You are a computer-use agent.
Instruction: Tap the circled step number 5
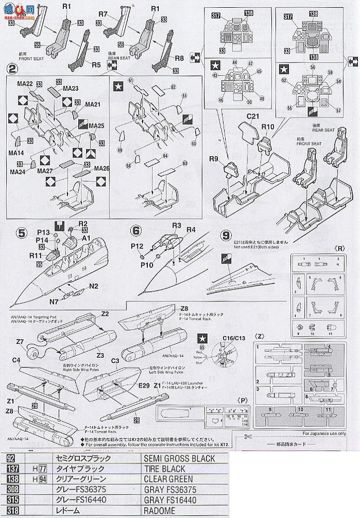click(x=22, y=233)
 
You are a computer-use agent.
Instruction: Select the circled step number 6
click(x=136, y=231)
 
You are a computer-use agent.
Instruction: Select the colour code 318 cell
click(x=13, y=511)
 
